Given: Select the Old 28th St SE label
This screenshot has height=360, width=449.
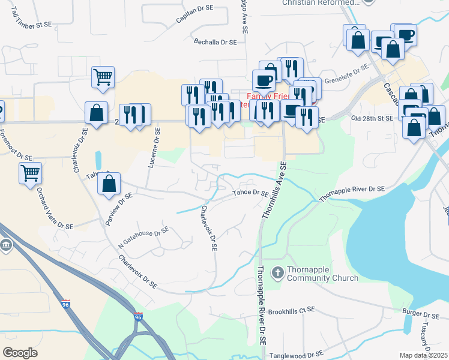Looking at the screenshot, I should (x=372, y=119).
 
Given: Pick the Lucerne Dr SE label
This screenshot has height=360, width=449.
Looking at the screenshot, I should (x=153, y=148).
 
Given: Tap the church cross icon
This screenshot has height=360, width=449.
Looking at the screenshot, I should (x=277, y=273).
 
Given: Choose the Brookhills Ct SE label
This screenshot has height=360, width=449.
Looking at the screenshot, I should (x=291, y=310).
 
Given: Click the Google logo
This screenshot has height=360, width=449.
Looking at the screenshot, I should (x=20, y=352).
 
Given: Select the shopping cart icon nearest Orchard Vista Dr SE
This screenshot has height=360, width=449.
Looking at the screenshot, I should (x=30, y=173).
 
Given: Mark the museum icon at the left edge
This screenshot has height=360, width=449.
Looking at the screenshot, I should (x=5, y=246).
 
